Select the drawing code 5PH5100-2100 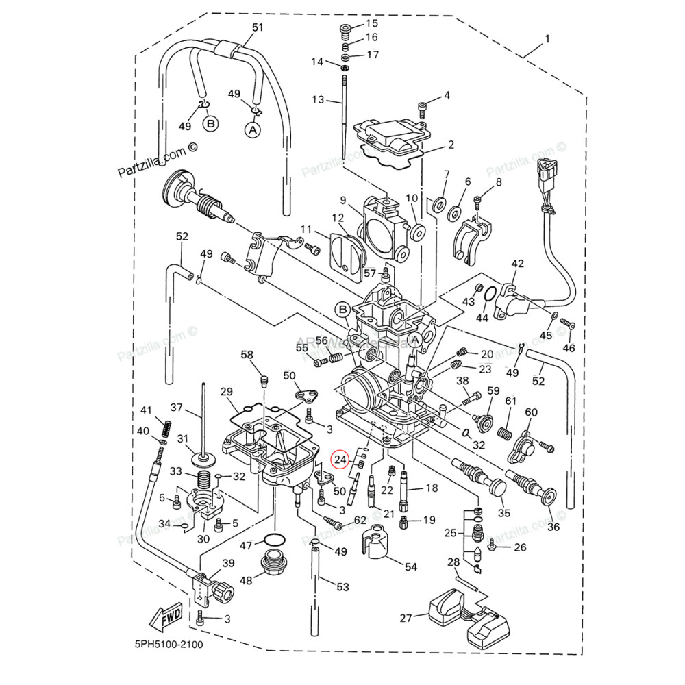coord(169,645)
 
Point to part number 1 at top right coord(547,40)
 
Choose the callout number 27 coord(406,617)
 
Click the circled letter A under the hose coord(253,128)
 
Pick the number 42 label coord(517,264)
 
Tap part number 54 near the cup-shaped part coord(411,567)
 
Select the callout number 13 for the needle coord(318,99)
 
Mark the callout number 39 coord(228,563)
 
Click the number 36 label coord(553,527)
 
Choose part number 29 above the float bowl coord(227,392)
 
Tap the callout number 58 coord(247,354)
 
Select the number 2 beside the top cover coord(451,145)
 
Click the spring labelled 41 coord(164,429)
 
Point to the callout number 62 coord(360,521)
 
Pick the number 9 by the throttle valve coord(343,200)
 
